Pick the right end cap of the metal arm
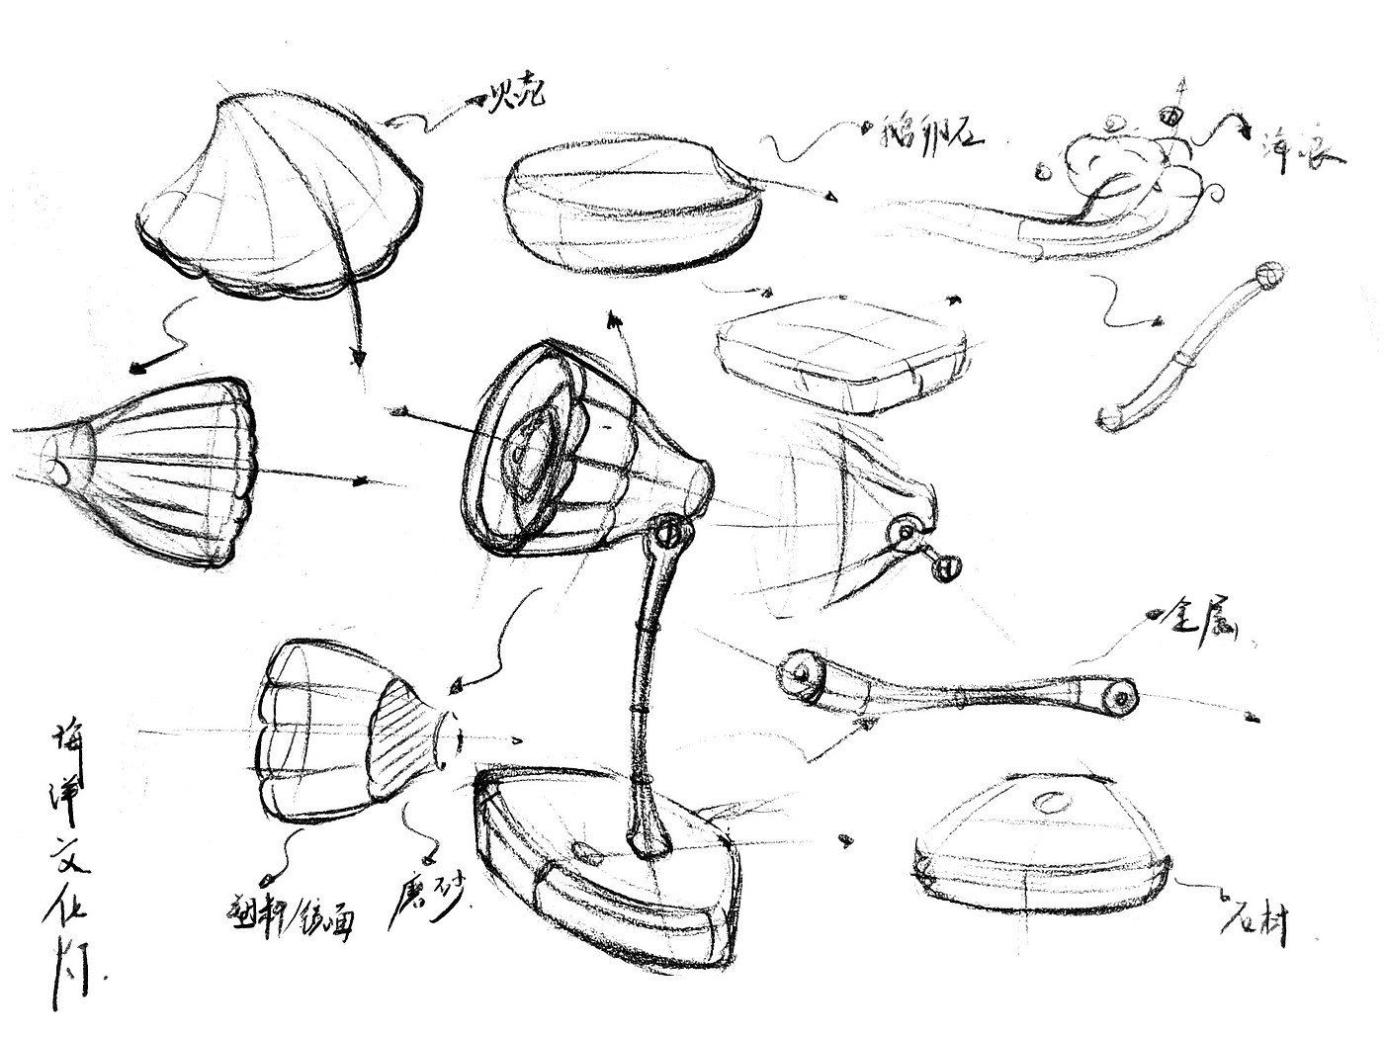pyautogui.click(x=1120, y=697)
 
